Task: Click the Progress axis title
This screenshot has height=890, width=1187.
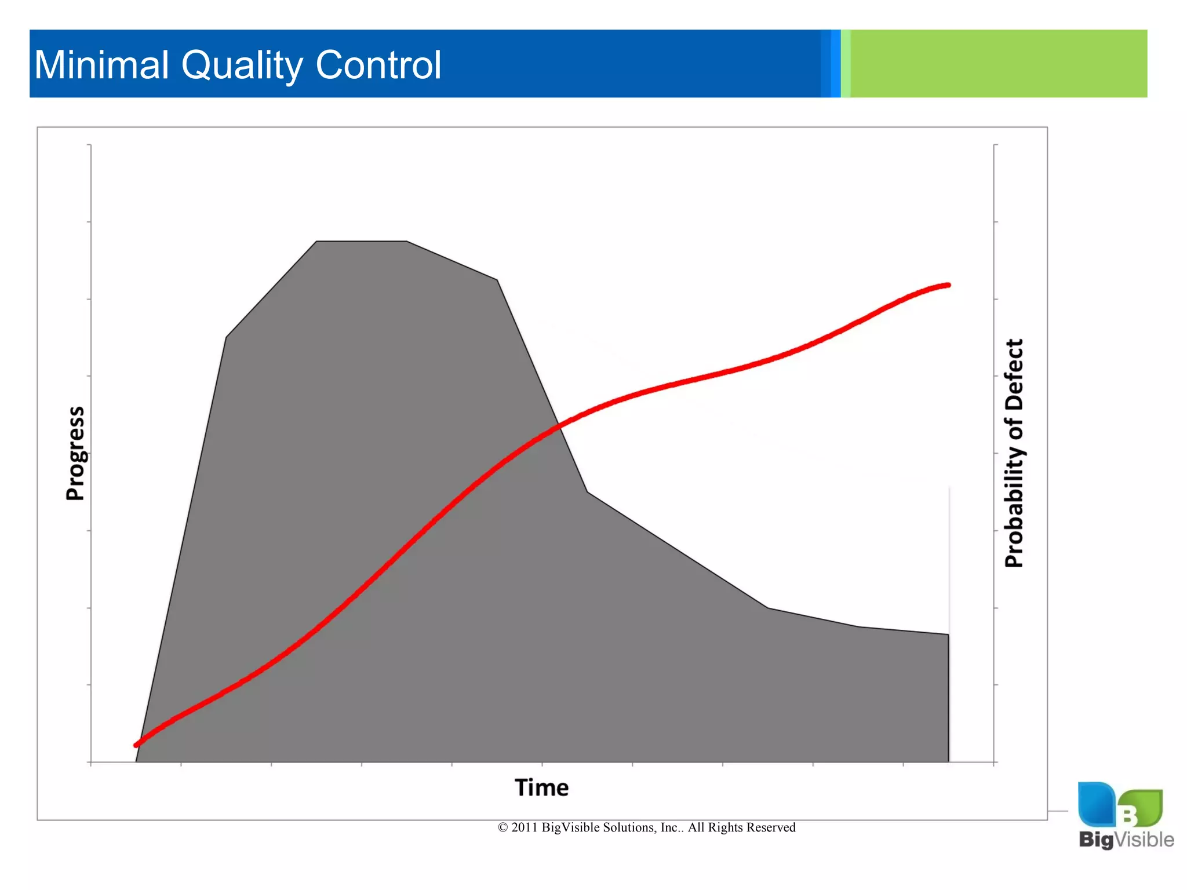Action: [x=75, y=453]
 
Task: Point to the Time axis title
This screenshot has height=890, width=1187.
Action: [x=541, y=787]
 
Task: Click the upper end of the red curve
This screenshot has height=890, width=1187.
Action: [x=947, y=285]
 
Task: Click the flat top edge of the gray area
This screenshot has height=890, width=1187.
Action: [x=362, y=241]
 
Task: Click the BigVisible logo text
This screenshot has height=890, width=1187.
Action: [x=1126, y=839]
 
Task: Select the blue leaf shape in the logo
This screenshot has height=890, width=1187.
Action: [x=1096, y=804]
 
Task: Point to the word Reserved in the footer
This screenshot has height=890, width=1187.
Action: [x=772, y=827]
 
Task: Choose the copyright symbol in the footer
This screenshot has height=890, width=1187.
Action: [x=503, y=827]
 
